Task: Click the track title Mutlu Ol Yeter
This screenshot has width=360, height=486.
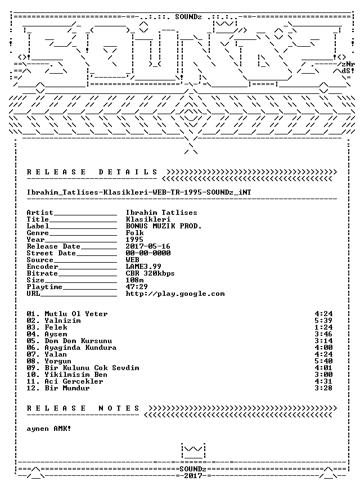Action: coord(76,314)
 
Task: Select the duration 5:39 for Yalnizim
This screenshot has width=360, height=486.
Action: coord(323,321)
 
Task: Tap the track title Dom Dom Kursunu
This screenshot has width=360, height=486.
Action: coord(78,341)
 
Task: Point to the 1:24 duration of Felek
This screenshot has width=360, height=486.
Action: coord(323,327)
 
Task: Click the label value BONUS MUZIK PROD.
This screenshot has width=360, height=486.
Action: coord(164,226)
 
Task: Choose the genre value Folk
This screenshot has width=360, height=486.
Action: coord(134,233)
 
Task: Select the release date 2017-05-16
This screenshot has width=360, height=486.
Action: coord(148,246)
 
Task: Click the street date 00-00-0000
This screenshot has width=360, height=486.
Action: coord(148,253)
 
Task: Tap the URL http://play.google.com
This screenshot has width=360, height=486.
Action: coord(175,294)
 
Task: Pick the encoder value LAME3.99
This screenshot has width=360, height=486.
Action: coord(143,267)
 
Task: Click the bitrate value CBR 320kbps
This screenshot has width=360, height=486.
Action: coord(150,273)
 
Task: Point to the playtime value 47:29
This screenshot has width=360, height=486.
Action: coord(137,287)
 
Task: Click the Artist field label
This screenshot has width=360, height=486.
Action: coord(40,213)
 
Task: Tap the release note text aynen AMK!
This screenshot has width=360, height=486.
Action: coord(49,429)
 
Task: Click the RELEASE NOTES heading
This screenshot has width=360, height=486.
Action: coord(83,408)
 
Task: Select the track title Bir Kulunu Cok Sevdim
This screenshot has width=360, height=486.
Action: coord(92,368)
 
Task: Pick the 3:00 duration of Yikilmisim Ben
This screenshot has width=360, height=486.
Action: coord(323,375)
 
